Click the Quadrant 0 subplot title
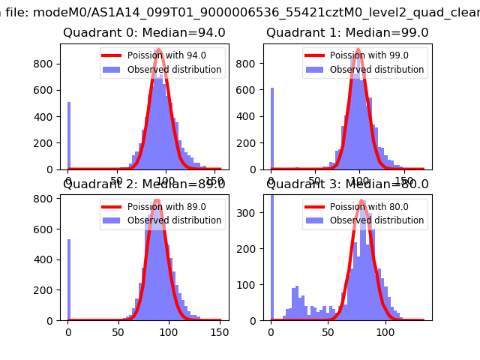(144, 33)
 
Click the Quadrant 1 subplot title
(347, 33)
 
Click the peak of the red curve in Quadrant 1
(358, 49)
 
